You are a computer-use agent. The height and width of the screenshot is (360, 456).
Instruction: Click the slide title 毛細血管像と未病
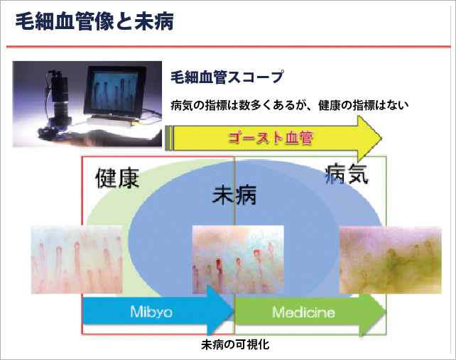click(x=94, y=21)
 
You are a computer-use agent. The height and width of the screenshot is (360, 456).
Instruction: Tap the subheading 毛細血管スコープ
click(x=227, y=77)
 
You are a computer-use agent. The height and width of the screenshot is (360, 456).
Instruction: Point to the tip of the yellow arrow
click(x=382, y=138)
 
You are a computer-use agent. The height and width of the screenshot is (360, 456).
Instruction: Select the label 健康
click(x=117, y=178)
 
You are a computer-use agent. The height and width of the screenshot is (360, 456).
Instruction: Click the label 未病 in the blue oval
click(x=234, y=195)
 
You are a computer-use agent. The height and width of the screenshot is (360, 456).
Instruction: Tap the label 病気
click(x=346, y=174)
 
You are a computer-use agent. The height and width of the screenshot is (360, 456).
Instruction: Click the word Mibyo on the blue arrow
click(x=151, y=312)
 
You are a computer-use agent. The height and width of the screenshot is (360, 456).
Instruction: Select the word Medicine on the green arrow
click(x=303, y=312)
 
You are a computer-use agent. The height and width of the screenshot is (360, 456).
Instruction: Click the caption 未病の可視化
click(x=235, y=345)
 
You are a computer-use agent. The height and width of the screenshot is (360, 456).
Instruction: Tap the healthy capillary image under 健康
click(x=77, y=259)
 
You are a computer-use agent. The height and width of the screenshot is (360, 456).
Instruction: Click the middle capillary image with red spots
click(x=238, y=259)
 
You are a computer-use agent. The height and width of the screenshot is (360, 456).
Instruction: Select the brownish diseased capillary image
click(x=390, y=260)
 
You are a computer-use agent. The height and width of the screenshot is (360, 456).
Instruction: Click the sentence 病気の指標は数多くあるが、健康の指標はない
click(x=290, y=105)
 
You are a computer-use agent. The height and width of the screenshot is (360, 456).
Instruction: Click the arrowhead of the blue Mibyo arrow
click(x=221, y=310)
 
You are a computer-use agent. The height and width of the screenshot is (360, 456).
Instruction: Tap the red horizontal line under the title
click(x=228, y=47)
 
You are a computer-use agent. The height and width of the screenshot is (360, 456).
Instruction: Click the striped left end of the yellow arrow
click(x=168, y=138)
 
